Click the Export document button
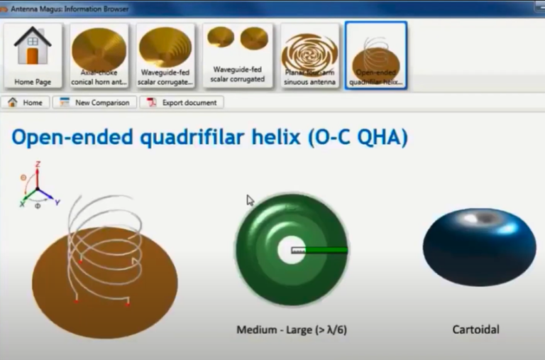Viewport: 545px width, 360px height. click(x=181, y=102)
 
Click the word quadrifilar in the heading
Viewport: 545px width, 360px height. click(x=186, y=137)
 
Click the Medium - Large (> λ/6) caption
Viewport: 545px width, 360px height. click(x=292, y=329)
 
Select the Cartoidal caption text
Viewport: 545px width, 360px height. click(x=475, y=329)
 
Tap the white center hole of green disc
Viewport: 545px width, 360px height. click(x=291, y=249)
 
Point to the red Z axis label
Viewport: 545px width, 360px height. click(x=38, y=164)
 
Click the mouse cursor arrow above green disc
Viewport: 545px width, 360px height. click(x=250, y=200)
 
